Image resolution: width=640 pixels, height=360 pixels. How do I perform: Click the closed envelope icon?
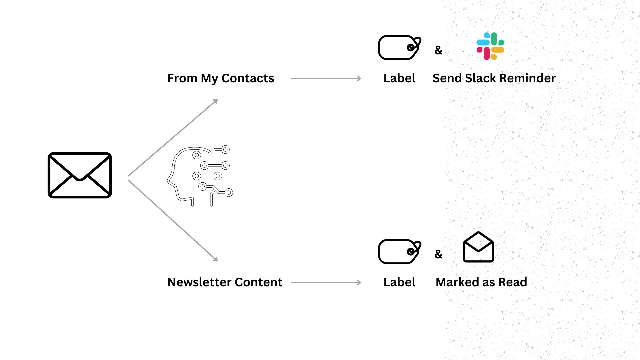pyautogui.click(x=80, y=175)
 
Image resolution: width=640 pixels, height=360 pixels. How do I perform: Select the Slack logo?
pyautogui.click(x=490, y=46)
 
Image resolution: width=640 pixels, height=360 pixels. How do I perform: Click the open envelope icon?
pyautogui.click(x=478, y=247)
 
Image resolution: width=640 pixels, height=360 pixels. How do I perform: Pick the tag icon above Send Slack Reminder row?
pyautogui.click(x=399, y=48)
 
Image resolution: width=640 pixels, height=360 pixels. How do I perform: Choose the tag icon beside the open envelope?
pyautogui.click(x=399, y=252)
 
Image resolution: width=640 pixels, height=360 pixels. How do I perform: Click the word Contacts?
pyautogui.click(x=248, y=78)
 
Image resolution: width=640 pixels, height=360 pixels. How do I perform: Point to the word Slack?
pyautogui.click(x=480, y=78)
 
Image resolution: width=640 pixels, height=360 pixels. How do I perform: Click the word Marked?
pyautogui.click(x=457, y=282)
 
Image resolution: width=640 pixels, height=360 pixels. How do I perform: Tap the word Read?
pyautogui.click(x=513, y=282)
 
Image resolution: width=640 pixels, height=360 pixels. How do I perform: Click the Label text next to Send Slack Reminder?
pyautogui.click(x=399, y=78)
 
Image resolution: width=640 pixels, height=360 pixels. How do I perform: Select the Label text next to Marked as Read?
pyautogui.click(x=399, y=282)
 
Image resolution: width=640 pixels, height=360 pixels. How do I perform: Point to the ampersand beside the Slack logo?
pyautogui.click(x=438, y=50)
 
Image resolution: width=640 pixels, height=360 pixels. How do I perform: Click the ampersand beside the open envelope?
pyautogui.click(x=438, y=254)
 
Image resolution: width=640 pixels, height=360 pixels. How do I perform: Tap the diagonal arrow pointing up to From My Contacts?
pyautogui.click(x=173, y=137)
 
